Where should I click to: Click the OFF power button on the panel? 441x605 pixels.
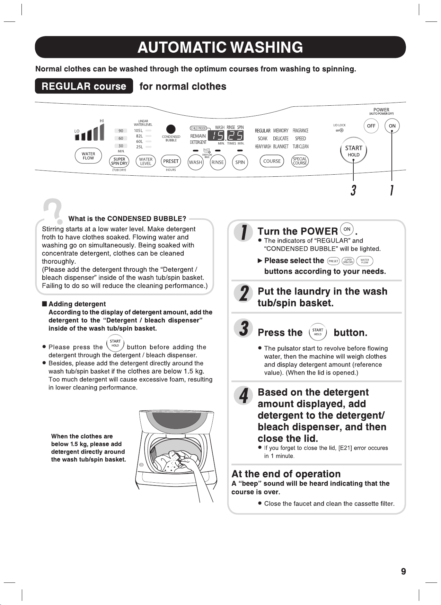(x=371, y=126)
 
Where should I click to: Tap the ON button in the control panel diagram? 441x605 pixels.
(x=392, y=126)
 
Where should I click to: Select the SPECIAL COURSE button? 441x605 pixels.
(x=300, y=161)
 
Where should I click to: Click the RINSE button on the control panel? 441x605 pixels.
(x=218, y=162)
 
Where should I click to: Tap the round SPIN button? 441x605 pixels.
(x=240, y=162)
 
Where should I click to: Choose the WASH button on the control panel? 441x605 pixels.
(x=195, y=162)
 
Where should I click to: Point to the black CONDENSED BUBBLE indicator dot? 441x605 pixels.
(x=171, y=129)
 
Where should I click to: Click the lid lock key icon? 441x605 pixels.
(x=340, y=130)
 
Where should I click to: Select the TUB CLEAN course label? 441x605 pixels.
(x=300, y=147)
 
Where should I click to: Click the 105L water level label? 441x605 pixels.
(x=139, y=131)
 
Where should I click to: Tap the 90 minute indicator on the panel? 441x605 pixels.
(x=121, y=131)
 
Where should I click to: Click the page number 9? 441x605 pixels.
(x=403, y=571)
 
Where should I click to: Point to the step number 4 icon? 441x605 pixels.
(x=244, y=395)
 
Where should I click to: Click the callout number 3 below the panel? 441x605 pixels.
(x=353, y=190)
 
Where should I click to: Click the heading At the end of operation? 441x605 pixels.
(x=286, y=474)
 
